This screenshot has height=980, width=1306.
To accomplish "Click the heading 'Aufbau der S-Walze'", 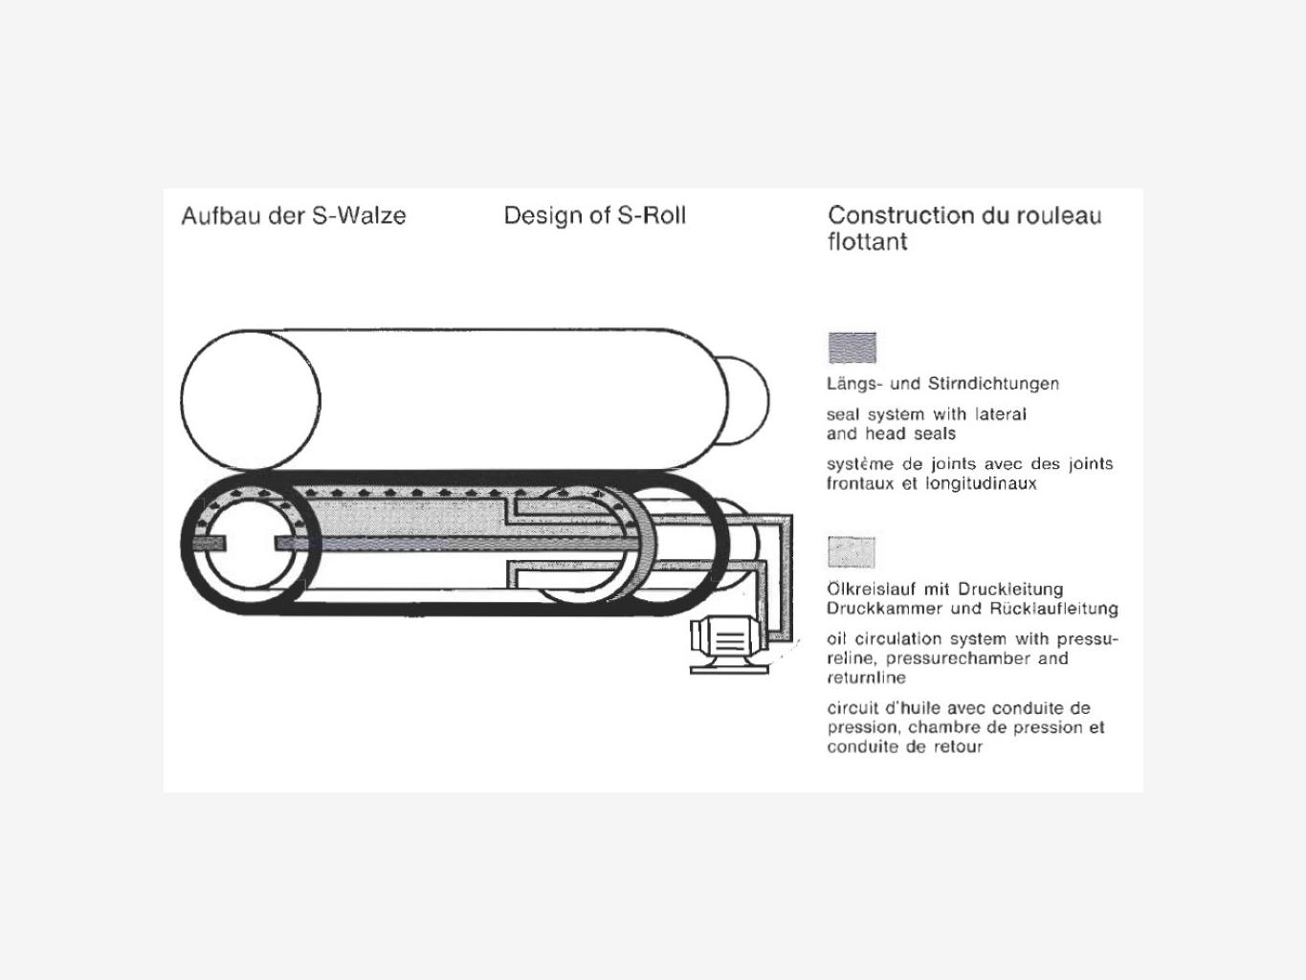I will point(294,215).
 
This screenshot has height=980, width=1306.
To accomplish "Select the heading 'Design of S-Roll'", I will point(594,215).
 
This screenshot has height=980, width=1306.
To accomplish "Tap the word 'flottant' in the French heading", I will point(867,241).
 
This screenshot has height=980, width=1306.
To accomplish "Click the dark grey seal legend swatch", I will point(852,347).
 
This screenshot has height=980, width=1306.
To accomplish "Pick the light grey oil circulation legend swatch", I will point(851,552).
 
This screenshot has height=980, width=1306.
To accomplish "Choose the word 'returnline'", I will point(866,678).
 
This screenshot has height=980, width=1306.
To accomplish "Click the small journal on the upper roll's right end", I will point(746,400).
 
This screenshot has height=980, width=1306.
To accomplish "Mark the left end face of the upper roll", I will point(251,400).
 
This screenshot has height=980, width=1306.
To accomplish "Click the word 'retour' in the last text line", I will point(959,746).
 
